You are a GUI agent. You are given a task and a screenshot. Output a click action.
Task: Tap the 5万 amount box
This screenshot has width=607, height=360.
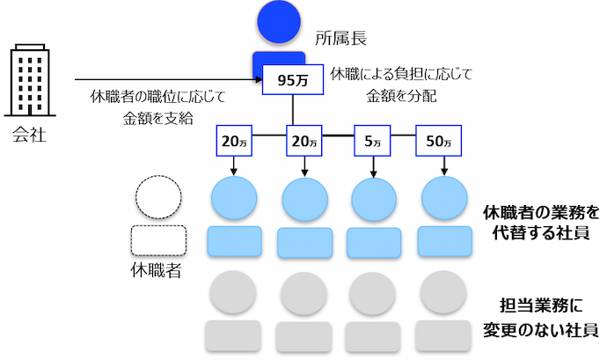click(373, 139)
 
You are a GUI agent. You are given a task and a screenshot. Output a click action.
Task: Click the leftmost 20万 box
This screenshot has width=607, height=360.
click(234, 139)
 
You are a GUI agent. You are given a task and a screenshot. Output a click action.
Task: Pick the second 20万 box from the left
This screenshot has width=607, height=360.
click(303, 139)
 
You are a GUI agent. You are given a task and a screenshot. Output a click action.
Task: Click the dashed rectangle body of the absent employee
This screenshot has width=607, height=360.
click(158, 239)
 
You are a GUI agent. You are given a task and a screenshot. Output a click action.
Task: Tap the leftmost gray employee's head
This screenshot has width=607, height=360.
click(233, 292)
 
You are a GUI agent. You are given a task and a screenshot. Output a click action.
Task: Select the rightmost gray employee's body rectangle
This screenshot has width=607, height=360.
click(443, 336)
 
